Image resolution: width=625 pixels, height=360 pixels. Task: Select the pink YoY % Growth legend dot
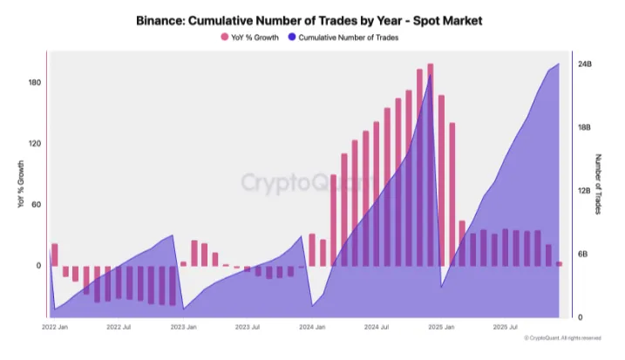(x=225, y=37)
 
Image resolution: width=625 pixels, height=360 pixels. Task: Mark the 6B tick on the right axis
(x=587, y=255)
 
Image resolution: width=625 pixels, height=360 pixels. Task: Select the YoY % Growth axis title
(x=19, y=185)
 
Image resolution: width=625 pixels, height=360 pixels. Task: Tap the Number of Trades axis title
(x=599, y=185)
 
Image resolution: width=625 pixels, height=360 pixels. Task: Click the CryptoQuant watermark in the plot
(x=309, y=183)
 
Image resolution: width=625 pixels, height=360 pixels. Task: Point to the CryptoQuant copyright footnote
(x=562, y=338)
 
